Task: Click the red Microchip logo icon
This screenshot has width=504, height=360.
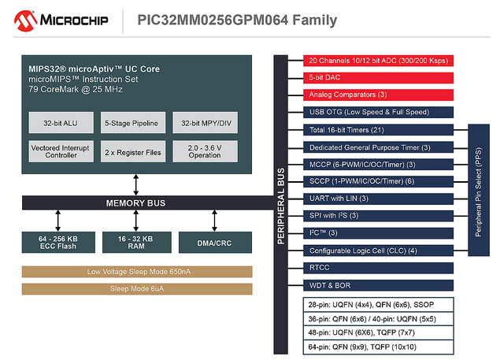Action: click(25, 21)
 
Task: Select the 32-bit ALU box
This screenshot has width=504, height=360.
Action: click(61, 122)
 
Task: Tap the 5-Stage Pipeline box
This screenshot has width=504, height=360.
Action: click(133, 122)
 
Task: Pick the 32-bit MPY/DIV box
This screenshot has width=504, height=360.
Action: click(205, 122)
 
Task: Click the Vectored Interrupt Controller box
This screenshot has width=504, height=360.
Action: click(61, 151)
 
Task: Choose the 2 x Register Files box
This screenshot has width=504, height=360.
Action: click(133, 151)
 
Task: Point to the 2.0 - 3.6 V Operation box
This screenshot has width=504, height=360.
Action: click(205, 151)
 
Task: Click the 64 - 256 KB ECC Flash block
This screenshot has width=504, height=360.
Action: click(58, 243)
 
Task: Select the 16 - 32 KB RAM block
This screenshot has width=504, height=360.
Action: click(137, 243)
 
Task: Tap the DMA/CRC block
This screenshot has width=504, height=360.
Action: click(215, 243)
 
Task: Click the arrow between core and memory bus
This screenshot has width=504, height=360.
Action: click(136, 185)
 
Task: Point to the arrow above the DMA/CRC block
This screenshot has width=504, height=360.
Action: click(214, 221)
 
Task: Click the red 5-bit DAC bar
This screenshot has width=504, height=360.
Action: click(378, 78)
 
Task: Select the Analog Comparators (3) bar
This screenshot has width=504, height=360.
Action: click(378, 95)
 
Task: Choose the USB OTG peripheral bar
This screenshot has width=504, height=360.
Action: click(378, 112)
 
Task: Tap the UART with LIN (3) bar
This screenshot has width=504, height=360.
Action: click(378, 199)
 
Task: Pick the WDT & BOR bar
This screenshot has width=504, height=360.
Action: click(378, 285)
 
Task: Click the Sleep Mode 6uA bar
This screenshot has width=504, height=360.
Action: click(137, 289)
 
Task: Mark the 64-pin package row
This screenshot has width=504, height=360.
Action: click(378, 347)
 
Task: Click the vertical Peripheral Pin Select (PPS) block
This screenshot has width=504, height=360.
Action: click(479, 190)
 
